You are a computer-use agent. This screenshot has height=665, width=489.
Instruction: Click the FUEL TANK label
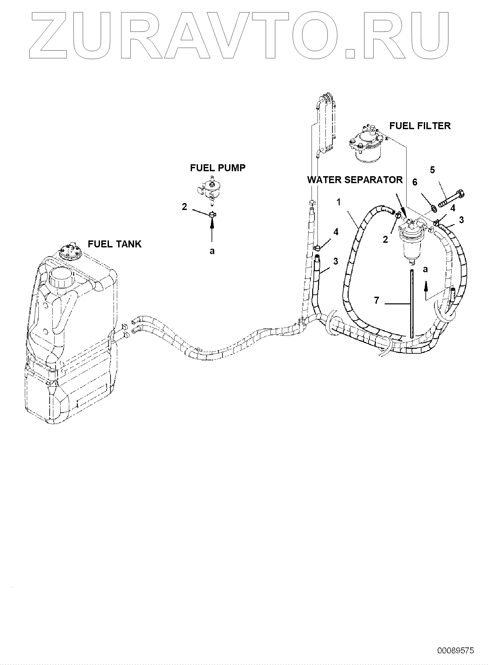(x=114, y=244)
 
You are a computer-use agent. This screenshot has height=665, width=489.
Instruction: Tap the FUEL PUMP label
(x=218, y=168)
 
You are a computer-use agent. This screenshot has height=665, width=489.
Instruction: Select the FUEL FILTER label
(x=420, y=126)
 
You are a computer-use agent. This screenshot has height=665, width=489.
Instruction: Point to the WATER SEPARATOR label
(x=355, y=180)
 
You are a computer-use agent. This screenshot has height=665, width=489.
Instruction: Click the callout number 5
(x=432, y=170)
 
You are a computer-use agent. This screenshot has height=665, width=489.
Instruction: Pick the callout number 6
(x=415, y=182)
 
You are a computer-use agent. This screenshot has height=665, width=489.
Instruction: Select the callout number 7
(x=376, y=300)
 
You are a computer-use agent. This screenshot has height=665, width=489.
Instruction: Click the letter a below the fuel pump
(x=212, y=251)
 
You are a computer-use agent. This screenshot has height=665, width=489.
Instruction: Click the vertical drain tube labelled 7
(x=412, y=303)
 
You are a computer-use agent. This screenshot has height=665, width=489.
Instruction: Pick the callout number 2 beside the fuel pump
(x=184, y=207)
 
